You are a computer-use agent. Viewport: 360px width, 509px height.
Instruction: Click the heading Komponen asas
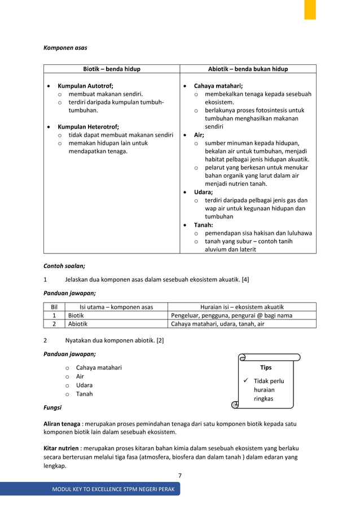coord(65,48)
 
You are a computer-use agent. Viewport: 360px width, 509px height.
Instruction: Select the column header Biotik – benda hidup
coord(112,69)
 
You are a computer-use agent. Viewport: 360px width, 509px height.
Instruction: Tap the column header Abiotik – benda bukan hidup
coord(248,69)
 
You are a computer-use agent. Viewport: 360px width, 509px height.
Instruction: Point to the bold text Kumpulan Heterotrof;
coord(89,127)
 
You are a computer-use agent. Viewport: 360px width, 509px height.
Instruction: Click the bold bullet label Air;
coord(199,135)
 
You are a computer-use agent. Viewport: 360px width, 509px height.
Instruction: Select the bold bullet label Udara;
coord(203,192)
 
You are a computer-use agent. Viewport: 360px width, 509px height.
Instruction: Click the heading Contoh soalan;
coord(64,265)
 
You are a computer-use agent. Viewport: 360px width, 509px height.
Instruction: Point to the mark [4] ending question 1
coord(245,279)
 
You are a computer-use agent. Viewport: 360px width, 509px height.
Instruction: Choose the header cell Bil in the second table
coord(54,307)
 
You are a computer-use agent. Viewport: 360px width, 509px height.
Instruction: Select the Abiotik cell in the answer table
coord(78,324)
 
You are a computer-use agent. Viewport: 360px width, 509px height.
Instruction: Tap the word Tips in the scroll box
coord(266,367)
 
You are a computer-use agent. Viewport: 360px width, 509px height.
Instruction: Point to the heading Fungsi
coord(53,407)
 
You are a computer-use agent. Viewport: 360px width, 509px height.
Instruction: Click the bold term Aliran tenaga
coord(62,424)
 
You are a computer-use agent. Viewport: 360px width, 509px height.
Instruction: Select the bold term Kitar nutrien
coord(62,448)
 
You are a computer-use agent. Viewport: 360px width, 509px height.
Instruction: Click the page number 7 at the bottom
coord(180,476)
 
